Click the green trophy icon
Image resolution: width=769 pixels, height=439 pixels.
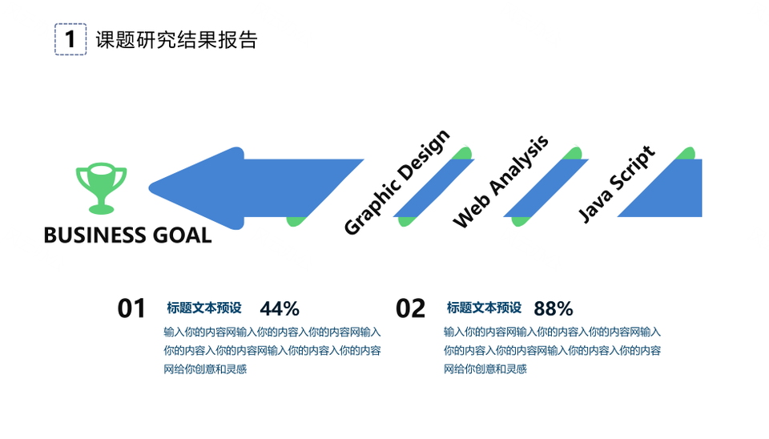(101, 188)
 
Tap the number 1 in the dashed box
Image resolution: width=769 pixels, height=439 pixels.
(70, 39)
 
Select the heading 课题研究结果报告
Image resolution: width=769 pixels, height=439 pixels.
(176, 40)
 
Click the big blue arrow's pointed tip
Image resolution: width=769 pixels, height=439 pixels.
(149, 188)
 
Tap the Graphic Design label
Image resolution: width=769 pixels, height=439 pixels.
(397, 183)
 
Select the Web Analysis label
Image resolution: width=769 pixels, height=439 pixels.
(500, 182)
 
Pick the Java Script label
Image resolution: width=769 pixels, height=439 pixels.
(616, 184)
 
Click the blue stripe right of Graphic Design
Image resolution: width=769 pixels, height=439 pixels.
(434, 188)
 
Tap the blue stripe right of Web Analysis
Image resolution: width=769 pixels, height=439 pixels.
(546, 188)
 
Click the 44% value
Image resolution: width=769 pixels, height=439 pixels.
(280, 309)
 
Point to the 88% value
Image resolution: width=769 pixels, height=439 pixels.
(554, 309)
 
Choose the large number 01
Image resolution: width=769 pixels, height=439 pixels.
(131, 309)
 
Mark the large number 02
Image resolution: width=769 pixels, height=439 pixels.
(410, 309)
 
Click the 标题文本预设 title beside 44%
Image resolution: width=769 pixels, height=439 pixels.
(204, 308)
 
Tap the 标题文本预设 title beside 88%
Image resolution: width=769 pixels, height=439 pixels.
(484, 308)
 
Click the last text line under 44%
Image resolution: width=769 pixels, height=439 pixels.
(205, 369)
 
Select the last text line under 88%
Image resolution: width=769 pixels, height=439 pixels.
(485, 369)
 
